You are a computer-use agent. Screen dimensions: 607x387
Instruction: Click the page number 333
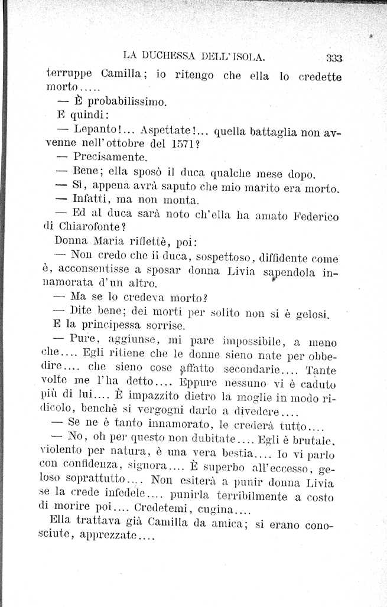(334, 57)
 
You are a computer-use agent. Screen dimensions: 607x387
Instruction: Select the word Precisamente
(109, 158)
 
